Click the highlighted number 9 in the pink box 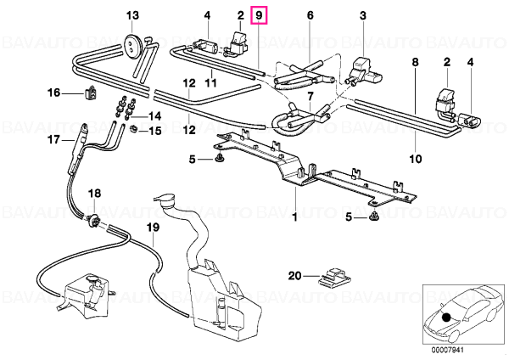coord(259,15)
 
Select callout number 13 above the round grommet coord(132,15)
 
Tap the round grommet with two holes coord(132,44)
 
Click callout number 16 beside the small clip coord(54,93)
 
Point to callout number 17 coord(54,140)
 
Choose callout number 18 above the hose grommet coord(95,194)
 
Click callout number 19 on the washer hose coord(153,228)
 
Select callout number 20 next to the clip coord(295,276)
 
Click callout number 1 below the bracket coord(295,217)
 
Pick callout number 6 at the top coord(310,15)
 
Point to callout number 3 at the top coord(363,15)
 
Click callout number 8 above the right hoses coord(416,62)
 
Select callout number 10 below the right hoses coord(416,159)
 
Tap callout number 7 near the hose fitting coord(310,96)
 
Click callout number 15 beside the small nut coord(155,131)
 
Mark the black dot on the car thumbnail coord(447,317)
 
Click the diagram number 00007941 coord(448,351)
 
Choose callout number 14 coord(155,115)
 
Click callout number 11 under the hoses coord(210,83)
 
